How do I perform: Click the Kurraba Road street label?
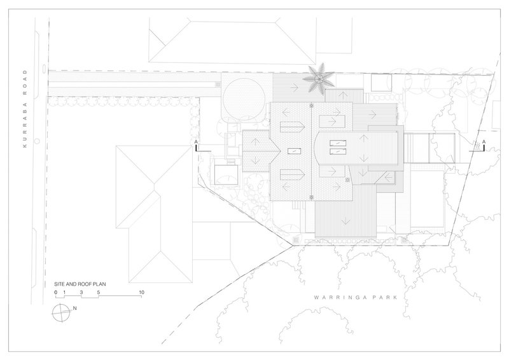[25, 109]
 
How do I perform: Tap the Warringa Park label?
[356, 297]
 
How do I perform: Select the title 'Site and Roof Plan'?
[80, 284]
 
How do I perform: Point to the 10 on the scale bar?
[141, 292]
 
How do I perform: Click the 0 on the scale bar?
[56, 292]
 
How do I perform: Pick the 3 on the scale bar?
[81, 292]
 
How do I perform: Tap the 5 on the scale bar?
[99, 292]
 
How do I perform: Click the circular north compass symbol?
[60, 312]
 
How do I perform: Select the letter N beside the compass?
[74, 308]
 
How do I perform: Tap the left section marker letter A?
[196, 142]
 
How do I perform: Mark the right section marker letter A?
[484, 142]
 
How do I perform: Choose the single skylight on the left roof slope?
[294, 151]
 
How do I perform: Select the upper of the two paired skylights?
[338, 143]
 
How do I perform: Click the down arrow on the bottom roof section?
[345, 221]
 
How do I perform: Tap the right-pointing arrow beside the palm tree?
[295, 87]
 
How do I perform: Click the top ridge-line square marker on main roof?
[312, 106]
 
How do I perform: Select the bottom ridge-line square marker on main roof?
[312, 197]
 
